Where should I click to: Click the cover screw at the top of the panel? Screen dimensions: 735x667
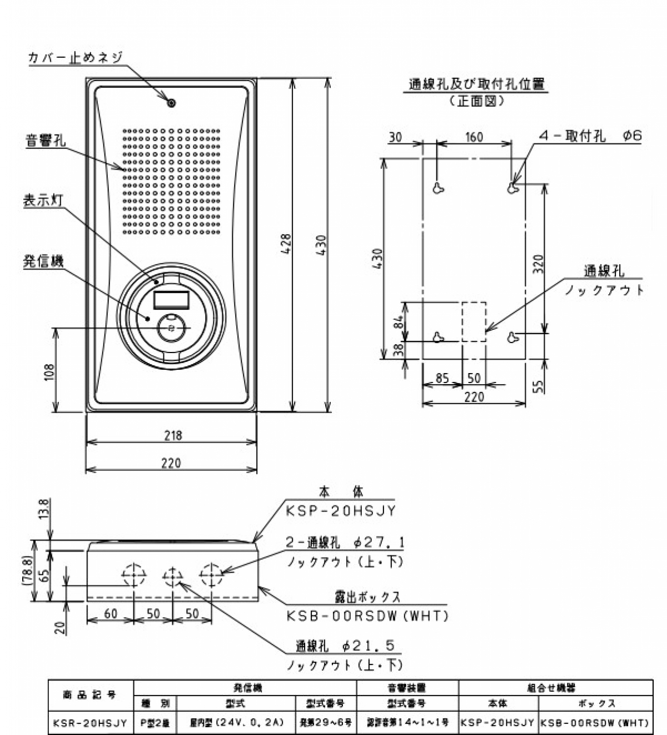click(172, 103)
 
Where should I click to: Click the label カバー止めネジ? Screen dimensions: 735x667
click(75, 57)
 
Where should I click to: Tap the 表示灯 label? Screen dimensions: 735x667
click(43, 201)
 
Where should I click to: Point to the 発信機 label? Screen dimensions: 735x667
click(43, 261)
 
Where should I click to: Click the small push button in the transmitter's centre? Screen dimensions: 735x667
click(171, 328)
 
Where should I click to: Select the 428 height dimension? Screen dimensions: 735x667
click(285, 245)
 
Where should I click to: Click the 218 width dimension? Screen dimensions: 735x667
click(173, 435)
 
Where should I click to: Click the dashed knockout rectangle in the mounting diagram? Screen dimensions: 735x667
click(474, 321)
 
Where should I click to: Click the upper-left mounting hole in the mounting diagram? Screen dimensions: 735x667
click(439, 188)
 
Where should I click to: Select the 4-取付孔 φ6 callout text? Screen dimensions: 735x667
click(589, 136)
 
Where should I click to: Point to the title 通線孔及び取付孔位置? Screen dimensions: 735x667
click(477, 85)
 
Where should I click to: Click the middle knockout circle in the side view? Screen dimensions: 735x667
click(172, 575)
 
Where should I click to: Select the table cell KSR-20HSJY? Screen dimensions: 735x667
click(90, 723)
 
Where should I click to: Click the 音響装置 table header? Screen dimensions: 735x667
click(407, 688)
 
